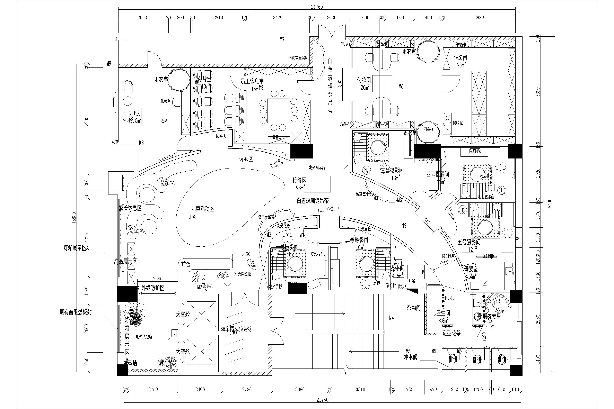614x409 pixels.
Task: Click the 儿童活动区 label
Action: (x=203, y=209)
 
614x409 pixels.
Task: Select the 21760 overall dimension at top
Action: (x=317, y=7)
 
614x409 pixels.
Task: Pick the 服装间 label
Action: (x=460, y=58)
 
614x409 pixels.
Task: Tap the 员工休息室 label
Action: (x=252, y=82)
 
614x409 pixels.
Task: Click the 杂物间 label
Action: (x=414, y=308)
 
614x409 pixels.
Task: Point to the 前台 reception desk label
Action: (x=186, y=265)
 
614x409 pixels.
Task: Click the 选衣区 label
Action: (x=246, y=159)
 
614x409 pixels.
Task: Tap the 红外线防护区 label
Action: (x=151, y=288)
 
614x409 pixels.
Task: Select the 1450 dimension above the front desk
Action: (x=246, y=254)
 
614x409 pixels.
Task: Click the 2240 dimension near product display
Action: (x=157, y=278)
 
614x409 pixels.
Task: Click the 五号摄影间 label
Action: (x=469, y=242)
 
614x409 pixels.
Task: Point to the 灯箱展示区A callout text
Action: (x=76, y=248)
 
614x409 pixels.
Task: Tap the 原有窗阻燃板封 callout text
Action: (x=76, y=312)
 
